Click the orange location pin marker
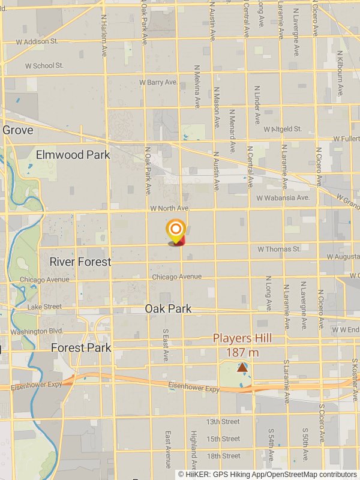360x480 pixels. tap(176, 231)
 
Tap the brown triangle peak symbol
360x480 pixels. tap(242, 367)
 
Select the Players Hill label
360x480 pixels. tap(242, 338)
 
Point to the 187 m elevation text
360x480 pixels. tap(242, 352)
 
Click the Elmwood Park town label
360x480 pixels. tap(73, 155)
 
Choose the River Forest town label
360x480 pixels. tap(80, 262)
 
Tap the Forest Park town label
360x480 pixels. tap(81, 347)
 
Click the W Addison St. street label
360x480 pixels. tap(37, 41)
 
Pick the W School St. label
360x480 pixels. tap(40, 65)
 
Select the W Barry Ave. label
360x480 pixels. tap(158, 82)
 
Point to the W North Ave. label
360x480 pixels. tap(170, 208)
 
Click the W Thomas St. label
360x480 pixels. tap(279, 248)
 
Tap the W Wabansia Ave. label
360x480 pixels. tap(283, 197)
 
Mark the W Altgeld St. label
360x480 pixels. tap(282, 129)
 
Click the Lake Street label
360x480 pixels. tap(44, 307)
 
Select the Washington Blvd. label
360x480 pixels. tap(37, 331)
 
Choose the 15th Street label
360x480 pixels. tap(223, 439)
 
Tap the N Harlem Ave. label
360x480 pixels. tap(104, 33)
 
